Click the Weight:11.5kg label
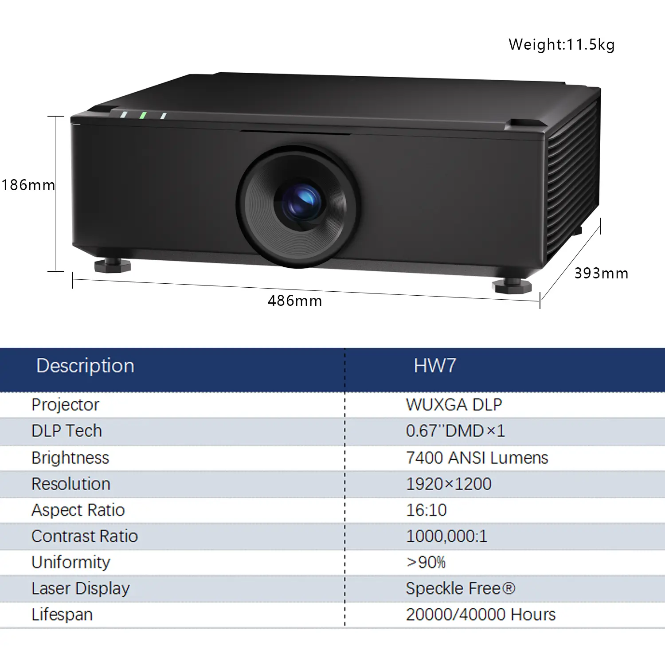pyautogui.click(x=561, y=45)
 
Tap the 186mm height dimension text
pyautogui.click(x=28, y=185)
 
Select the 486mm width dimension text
pyautogui.click(x=295, y=301)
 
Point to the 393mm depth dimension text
pyautogui.click(x=601, y=273)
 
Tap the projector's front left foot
pyautogui.click(x=113, y=265)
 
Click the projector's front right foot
pyautogui.click(x=512, y=285)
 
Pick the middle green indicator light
pyautogui.click(x=143, y=115)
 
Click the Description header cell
pyautogui.click(x=85, y=366)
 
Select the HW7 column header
pyautogui.click(x=435, y=366)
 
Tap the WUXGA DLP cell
pyautogui.click(x=454, y=405)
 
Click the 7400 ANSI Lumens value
pyautogui.click(x=477, y=458)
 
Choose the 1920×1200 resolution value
pyautogui.click(x=449, y=484)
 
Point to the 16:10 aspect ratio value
pyautogui.click(x=426, y=510)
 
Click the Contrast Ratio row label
pyautogui.click(x=85, y=536)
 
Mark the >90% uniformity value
pyautogui.click(x=426, y=562)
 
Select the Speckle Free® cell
pyautogui.click(x=461, y=588)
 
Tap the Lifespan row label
pyautogui.click(x=62, y=615)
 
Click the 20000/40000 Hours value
pyautogui.click(x=481, y=614)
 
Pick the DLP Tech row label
pyautogui.click(x=66, y=431)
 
